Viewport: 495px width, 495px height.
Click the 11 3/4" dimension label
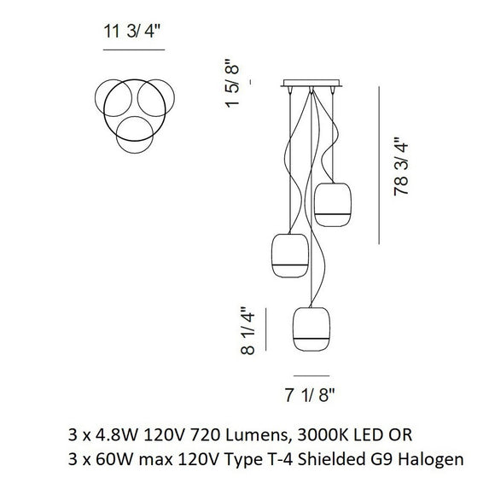pyautogui.click(x=132, y=32)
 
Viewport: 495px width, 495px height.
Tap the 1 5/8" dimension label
pyautogui.click(x=233, y=83)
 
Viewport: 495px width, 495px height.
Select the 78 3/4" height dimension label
pyautogui.click(x=401, y=166)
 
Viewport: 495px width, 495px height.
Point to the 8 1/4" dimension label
pyautogui.click(x=247, y=330)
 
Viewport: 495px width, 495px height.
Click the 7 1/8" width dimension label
pyautogui.click(x=309, y=395)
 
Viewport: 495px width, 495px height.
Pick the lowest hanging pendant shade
pyautogui.click(x=312, y=329)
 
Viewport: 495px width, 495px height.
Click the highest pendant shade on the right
pyautogui.click(x=333, y=205)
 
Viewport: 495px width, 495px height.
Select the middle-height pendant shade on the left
pyautogui.click(x=290, y=255)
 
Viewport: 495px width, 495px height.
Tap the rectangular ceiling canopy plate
pyautogui.click(x=312, y=83)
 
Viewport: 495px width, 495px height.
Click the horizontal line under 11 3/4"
pyautogui.click(x=134, y=49)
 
